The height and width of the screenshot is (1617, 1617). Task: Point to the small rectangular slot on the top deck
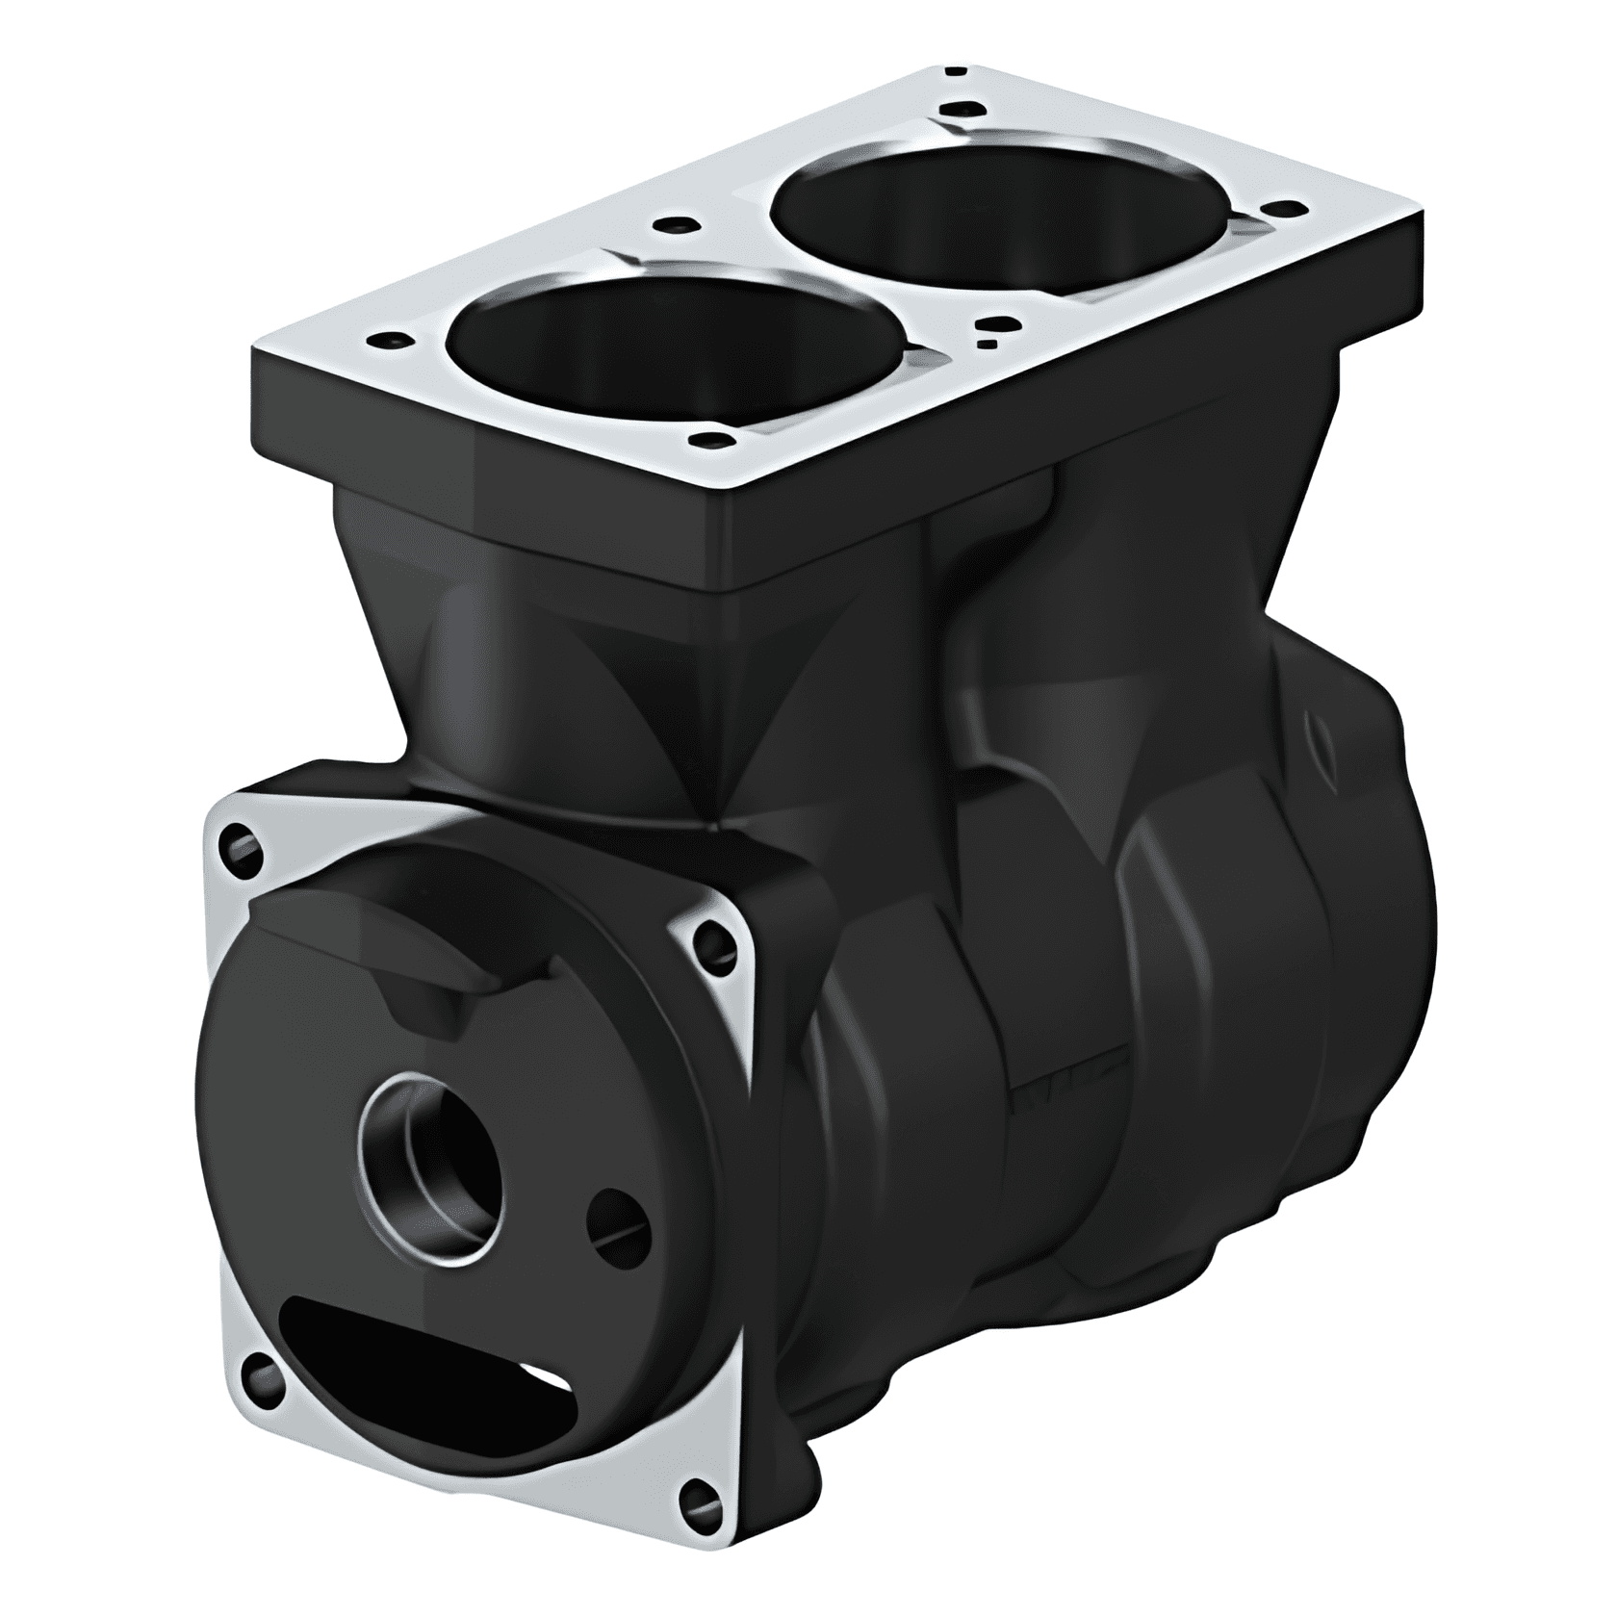(x=985, y=343)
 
